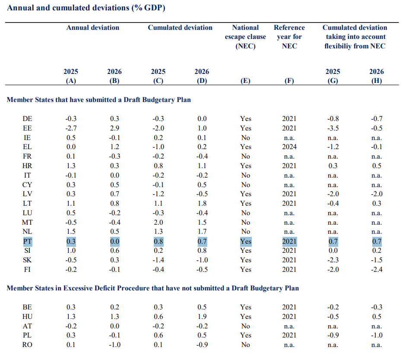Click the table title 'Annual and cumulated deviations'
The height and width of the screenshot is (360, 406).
click(68, 8)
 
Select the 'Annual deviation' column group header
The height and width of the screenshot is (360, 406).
click(93, 28)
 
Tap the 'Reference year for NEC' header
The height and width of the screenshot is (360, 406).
click(289, 36)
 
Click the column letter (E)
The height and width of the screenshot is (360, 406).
click(245, 81)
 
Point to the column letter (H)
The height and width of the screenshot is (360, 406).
click(377, 81)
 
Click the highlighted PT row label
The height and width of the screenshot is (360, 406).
click(28, 242)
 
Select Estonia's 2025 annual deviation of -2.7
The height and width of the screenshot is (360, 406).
click(71, 128)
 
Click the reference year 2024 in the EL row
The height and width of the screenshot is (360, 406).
click(289, 147)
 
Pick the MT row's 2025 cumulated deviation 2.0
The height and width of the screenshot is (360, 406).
click(158, 223)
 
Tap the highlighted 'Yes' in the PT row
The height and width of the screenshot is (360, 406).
click(246, 242)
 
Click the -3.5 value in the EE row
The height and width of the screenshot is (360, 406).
click(333, 128)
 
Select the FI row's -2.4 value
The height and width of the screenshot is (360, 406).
click(377, 270)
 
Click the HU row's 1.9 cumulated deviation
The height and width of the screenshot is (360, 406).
click(202, 317)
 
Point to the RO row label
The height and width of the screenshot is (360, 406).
click(27, 345)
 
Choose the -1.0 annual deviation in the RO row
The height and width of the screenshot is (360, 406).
click(114, 345)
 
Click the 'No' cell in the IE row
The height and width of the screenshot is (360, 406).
click(245, 137)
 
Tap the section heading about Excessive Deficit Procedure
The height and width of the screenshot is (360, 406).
click(153, 288)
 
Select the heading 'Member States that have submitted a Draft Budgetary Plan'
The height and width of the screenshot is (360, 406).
click(98, 100)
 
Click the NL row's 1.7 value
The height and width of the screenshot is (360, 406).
click(202, 232)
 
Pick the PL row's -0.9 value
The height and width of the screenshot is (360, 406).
click(333, 335)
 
